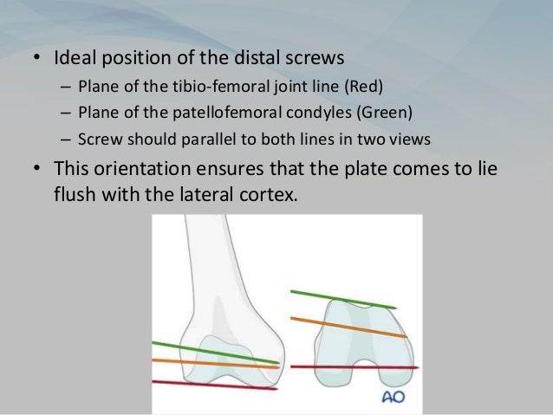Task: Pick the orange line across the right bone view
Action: [x=347, y=326]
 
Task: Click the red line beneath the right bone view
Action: [x=347, y=367]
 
